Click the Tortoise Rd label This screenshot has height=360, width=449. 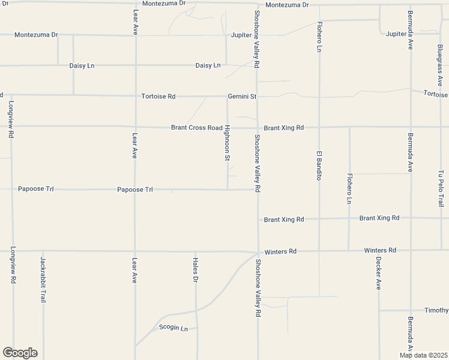[158, 96]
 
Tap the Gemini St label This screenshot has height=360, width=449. [242, 96]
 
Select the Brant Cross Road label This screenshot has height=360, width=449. [196, 128]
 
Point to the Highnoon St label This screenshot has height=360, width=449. [228, 143]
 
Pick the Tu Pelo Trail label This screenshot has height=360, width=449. [441, 188]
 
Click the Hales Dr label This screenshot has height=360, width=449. [196, 270]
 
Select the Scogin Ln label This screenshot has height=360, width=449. [173, 328]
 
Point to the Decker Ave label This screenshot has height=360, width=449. [379, 273]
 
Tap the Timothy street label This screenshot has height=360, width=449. [436, 310]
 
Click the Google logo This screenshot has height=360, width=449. [20, 353]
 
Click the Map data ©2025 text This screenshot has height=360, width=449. [424, 355]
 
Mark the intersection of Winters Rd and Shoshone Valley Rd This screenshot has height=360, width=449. [258, 252]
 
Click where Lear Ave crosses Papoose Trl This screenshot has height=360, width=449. [135, 190]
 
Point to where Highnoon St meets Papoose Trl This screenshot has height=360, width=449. [228, 190]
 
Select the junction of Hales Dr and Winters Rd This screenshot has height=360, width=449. [196, 251]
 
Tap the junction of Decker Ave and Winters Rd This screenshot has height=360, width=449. [379, 250]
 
